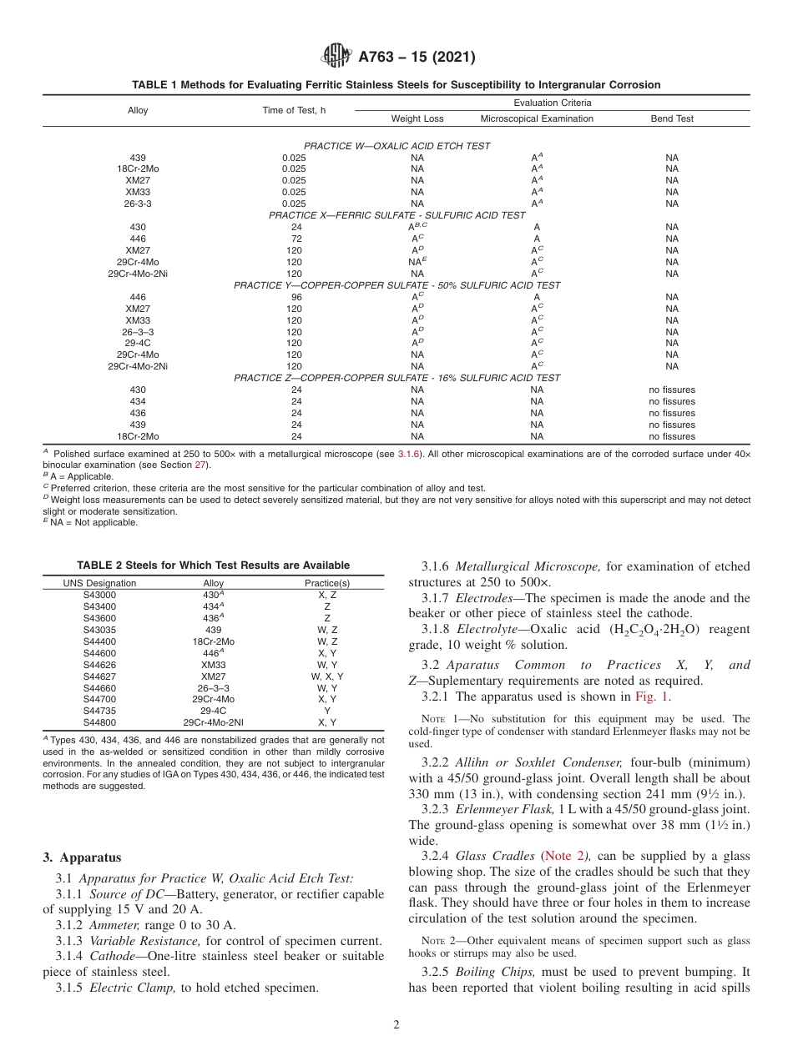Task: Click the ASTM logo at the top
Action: coord(336,57)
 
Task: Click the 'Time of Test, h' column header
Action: coord(293,110)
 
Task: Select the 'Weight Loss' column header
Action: coord(417,118)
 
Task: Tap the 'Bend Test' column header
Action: coord(672,118)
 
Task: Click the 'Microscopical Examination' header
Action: coord(537,118)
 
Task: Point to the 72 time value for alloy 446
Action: coord(293,239)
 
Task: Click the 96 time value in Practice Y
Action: coord(293,297)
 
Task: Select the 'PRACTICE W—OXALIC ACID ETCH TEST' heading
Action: coord(396,146)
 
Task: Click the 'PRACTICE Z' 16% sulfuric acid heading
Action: coord(396,378)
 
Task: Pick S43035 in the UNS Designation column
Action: coord(99,630)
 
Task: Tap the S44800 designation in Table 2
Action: coord(99,699)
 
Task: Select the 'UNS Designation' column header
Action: coord(99,583)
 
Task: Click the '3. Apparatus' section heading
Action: coord(82,857)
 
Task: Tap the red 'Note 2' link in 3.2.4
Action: coord(564,857)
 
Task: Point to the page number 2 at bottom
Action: coord(396,1025)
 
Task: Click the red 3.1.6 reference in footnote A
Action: coord(410,454)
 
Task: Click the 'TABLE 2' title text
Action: coord(213,566)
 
